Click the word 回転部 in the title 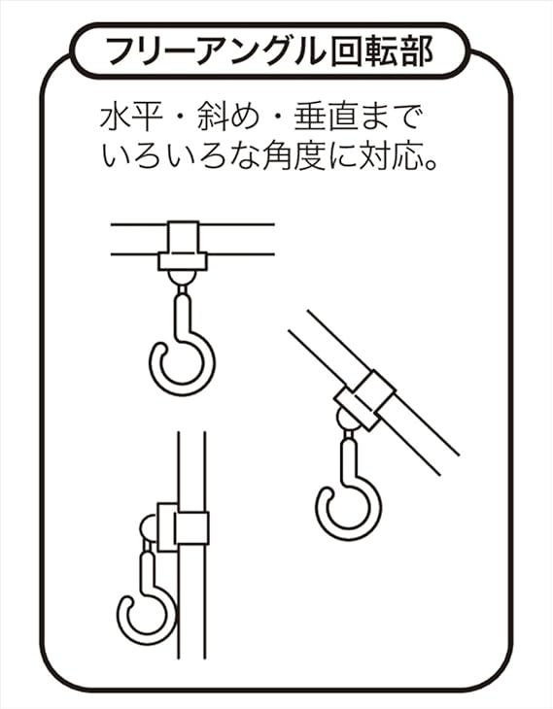pyautogui.click(x=382, y=51)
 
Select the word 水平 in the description pyautogui.click(x=131, y=118)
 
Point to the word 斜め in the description pyautogui.click(x=228, y=118)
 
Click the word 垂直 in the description pyautogui.click(x=326, y=118)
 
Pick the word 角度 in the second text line pyautogui.click(x=294, y=156)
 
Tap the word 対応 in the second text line pyautogui.click(x=391, y=156)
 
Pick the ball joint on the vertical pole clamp pyautogui.click(x=149, y=527)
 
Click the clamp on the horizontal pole pyautogui.click(x=183, y=246)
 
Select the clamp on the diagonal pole pyautogui.click(x=364, y=399)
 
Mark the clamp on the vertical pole pyautogui.click(x=183, y=527)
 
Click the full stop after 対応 pyautogui.click(x=432, y=164)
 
